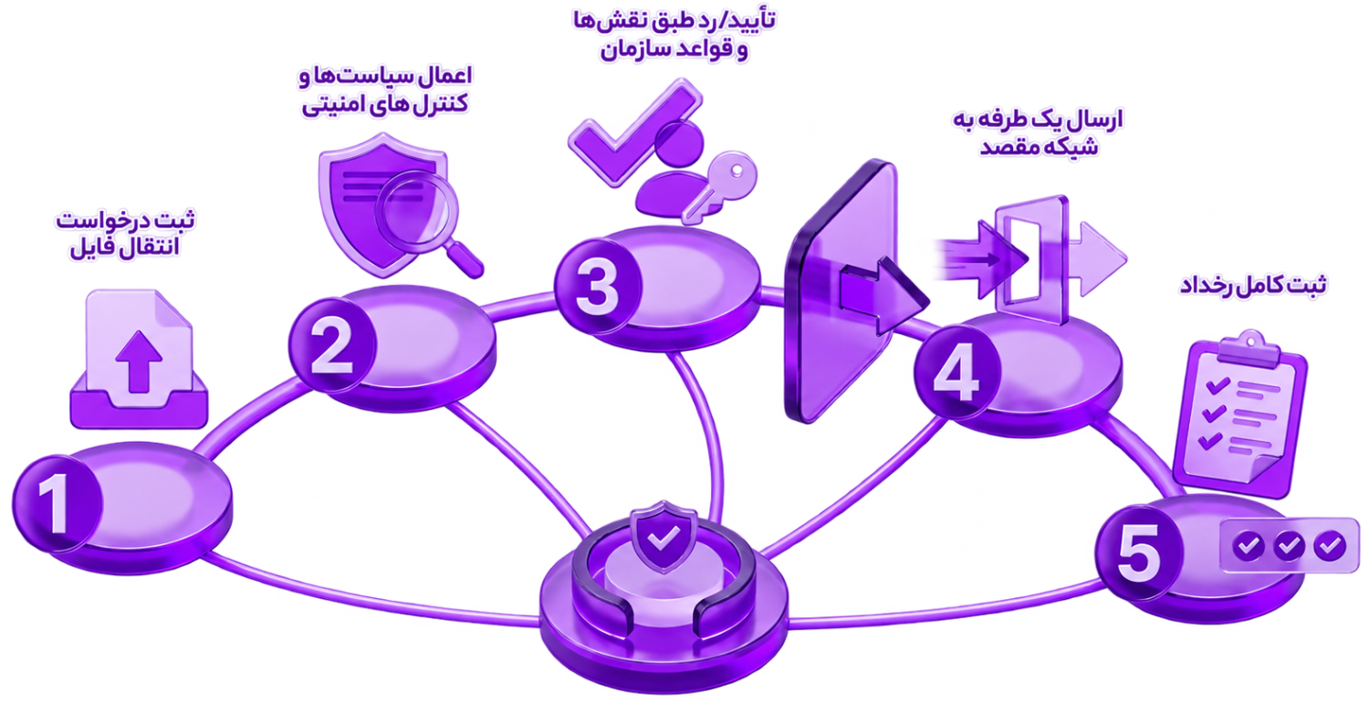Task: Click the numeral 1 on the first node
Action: (x=55, y=505)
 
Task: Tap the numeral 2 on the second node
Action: (x=332, y=346)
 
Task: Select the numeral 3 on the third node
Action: (x=598, y=287)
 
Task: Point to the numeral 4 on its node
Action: (x=956, y=373)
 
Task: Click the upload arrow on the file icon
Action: (x=139, y=362)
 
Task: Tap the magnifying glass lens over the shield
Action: (x=416, y=211)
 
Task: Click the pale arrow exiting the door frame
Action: (x=1097, y=259)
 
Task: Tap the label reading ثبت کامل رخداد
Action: (x=1252, y=285)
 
